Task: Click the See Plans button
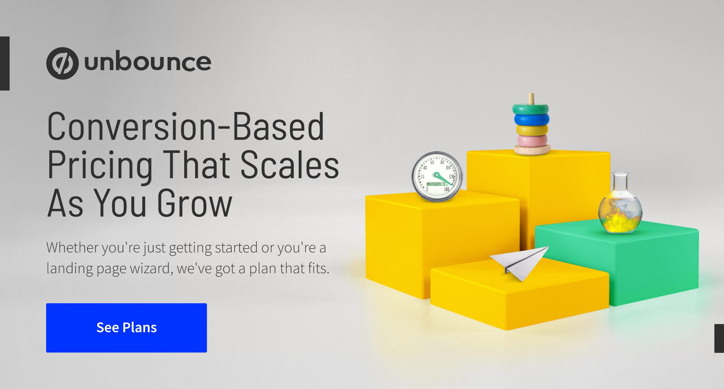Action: pyautogui.click(x=127, y=328)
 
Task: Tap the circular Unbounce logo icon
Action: pyautogui.click(x=62, y=63)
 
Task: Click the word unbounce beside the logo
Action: pyautogui.click(x=148, y=62)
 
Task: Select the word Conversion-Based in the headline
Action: pyautogui.click(x=186, y=126)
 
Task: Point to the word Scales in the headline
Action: pyautogui.click(x=290, y=164)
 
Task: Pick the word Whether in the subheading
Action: pyautogui.click(x=72, y=247)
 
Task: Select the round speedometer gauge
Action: pyautogui.click(x=437, y=177)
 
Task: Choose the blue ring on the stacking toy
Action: pyautogui.click(x=532, y=119)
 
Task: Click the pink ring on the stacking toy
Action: pyautogui.click(x=532, y=141)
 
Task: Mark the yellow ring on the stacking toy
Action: pyautogui.click(x=532, y=130)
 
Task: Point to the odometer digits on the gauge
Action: pyautogui.click(x=436, y=184)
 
